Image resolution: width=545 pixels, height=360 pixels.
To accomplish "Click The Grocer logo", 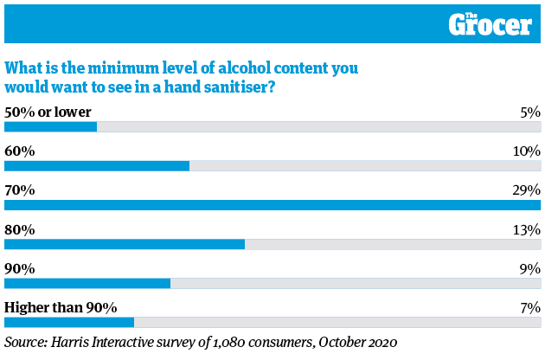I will tap(490, 23).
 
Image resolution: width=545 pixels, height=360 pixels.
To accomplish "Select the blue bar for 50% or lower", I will tap(51, 126).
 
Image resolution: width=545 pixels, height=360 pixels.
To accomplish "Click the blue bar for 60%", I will tap(97, 165).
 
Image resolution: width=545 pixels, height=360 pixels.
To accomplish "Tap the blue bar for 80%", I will tap(125, 244).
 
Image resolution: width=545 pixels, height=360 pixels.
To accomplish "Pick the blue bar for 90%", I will tap(87, 283).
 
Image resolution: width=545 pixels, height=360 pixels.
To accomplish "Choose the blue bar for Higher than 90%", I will tap(69, 322).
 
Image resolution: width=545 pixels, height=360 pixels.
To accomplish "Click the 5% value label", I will tap(529, 112).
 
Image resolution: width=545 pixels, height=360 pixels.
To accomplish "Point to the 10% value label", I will tap(526, 151).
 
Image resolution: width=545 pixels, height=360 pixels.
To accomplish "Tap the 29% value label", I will tap(526, 190).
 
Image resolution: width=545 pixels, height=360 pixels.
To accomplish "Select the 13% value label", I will tap(526, 229).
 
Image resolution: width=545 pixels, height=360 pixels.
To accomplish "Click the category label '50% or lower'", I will tap(48, 112).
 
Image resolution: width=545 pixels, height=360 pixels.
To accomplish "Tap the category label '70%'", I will tap(20, 190).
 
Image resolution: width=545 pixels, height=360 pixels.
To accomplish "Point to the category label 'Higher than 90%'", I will tap(61, 307).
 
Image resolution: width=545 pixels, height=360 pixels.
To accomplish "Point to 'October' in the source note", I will tap(342, 342).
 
